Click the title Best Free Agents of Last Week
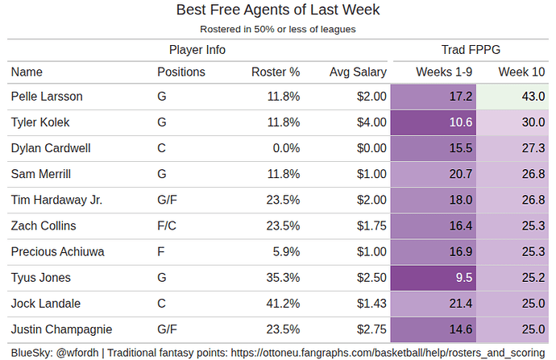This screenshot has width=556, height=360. (277, 10)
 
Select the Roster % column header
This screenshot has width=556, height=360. (276, 72)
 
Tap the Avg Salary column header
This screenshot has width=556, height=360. (352, 72)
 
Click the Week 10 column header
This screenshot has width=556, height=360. (521, 72)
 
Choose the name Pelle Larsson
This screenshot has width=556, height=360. (47, 97)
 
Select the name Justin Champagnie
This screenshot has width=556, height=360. (61, 329)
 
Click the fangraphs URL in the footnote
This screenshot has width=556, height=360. (385, 351)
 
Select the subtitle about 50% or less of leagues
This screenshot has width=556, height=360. (277, 29)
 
